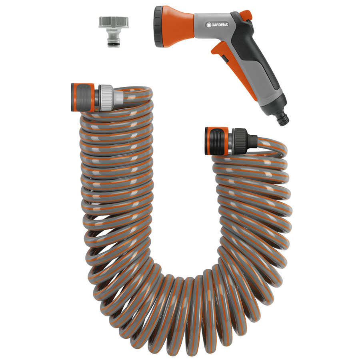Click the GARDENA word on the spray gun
click(x=220, y=24)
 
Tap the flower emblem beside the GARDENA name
click(x=208, y=25)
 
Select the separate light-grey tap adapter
click(x=114, y=32)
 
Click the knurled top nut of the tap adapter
click(x=114, y=22)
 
